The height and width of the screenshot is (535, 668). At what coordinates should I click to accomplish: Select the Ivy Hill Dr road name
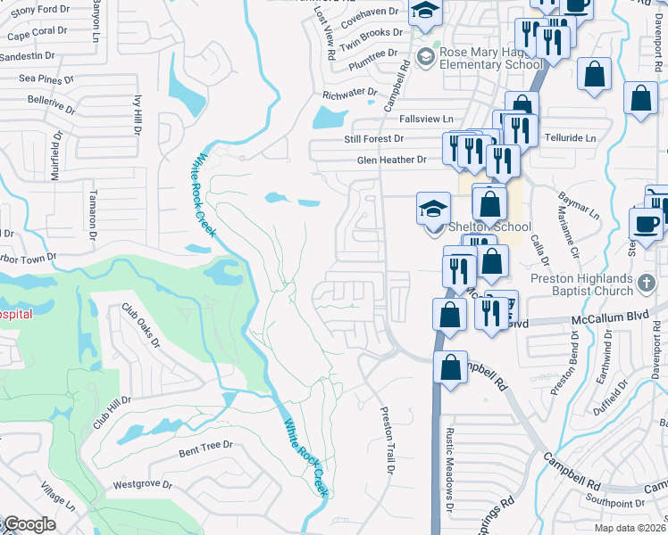point(138,114)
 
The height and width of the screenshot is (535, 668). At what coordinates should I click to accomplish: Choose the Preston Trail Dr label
point(388,440)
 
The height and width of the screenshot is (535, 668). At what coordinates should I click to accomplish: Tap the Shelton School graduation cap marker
point(433,210)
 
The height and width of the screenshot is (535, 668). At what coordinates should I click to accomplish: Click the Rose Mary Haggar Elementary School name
point(491,58)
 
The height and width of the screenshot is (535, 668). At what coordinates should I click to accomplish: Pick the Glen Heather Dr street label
point(392,160)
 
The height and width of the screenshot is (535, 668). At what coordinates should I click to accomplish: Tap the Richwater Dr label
point(349,92)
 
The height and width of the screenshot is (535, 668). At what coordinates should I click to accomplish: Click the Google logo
point(29,524)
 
